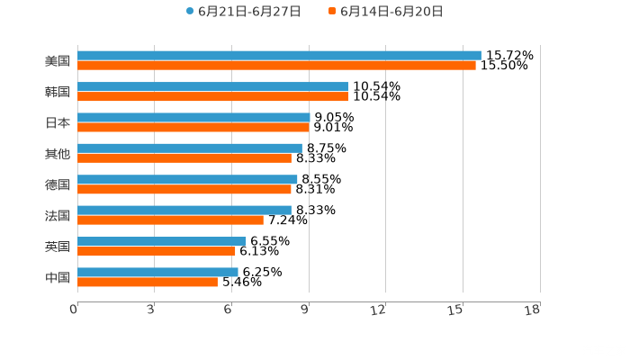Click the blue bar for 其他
coord(190,148)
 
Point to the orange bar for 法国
coord(170,220)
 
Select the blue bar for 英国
coord(162,241)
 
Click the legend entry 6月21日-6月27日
coord(243,12)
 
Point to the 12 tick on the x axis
coord(379,310)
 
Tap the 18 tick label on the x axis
coord(533,310)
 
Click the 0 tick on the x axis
coord(74,310)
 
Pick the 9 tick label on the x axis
coord(304,310)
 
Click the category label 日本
coord(58,122)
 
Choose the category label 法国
coord(58,215)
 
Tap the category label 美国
coord(58,61)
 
